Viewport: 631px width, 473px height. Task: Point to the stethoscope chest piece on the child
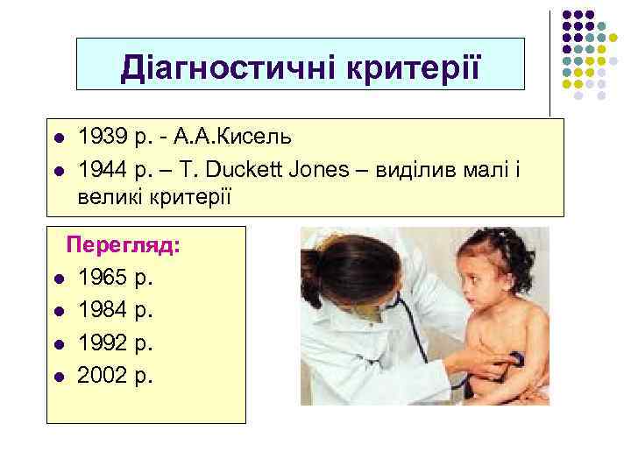click(516, 358)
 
